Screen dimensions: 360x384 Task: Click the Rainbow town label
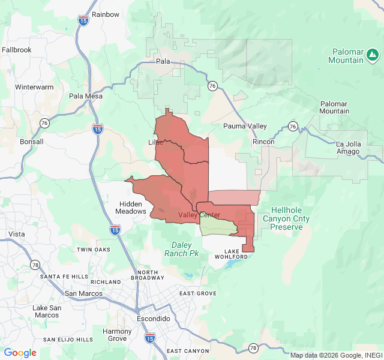[106, 14]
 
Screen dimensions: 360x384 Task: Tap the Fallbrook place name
[17, 50]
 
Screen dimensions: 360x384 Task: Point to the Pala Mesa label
[86, 96]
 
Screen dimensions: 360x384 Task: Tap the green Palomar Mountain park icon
[373, 56]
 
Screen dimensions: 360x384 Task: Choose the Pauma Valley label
[245, 126]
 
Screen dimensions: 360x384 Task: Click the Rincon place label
[263, 142]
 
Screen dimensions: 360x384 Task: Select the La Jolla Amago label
[348, 148]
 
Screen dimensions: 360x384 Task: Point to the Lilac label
[155, 142]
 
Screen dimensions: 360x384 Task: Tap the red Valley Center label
[199, 215]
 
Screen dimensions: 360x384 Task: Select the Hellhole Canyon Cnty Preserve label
[290, 219]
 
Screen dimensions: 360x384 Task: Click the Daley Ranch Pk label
[181, 249]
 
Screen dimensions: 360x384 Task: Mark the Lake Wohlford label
[227, 254]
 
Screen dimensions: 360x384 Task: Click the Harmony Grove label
[117, 335]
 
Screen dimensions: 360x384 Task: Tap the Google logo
[20, 353]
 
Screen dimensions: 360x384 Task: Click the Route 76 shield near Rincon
[292, 126]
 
